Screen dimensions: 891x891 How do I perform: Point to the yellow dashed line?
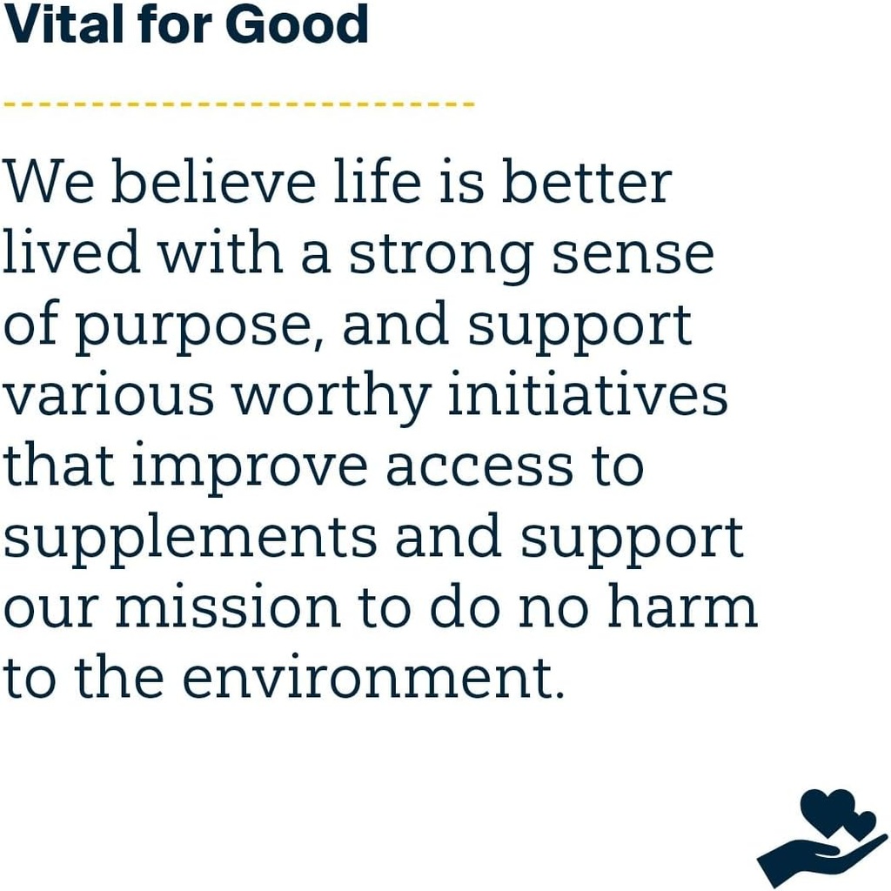pyautogui.click(x=239, y=104)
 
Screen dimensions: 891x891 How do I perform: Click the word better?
pyautogui.click(x=587, y=183)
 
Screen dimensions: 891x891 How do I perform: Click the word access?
pyautogui.click(x=479, y=466)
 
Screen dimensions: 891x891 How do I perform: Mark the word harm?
pyautogui.click(x=682, y=608)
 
